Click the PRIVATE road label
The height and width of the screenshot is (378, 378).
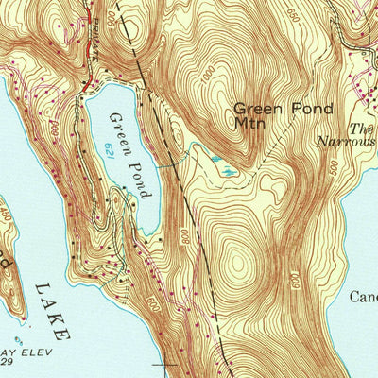[x=94, y=43]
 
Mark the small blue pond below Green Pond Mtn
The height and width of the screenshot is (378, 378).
[x=226, y=171]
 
